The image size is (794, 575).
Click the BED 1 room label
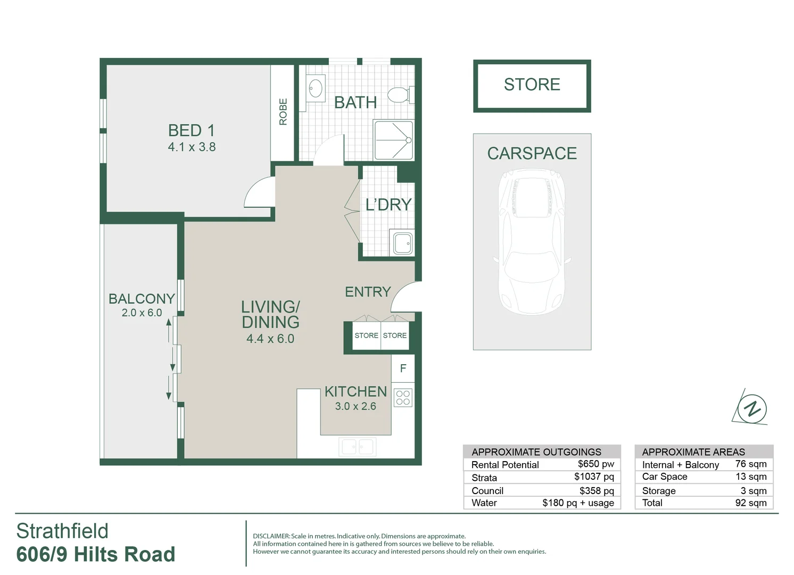pos(192,130)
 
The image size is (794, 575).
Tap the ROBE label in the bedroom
pos(283,111)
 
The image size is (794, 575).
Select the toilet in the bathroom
pos(399,95)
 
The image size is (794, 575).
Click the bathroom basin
pos(316,88)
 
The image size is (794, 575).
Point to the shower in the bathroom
pos(393,140)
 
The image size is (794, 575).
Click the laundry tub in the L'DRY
pos(402,243)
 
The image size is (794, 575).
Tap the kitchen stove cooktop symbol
pos(403,398)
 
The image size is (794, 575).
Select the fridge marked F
pos(403,368)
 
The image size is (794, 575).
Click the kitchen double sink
pos(358,447)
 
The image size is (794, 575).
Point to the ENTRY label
pos(368,292)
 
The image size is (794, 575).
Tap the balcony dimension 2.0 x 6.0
pos(142,313)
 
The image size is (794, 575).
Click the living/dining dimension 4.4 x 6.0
pos(270,339)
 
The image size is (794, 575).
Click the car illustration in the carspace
pos(532,242)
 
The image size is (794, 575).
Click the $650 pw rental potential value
pos(595,464)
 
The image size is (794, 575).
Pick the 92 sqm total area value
pos(750,503)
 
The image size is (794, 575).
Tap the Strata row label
pos(484,478)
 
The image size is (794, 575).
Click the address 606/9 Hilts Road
pos(96,554)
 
